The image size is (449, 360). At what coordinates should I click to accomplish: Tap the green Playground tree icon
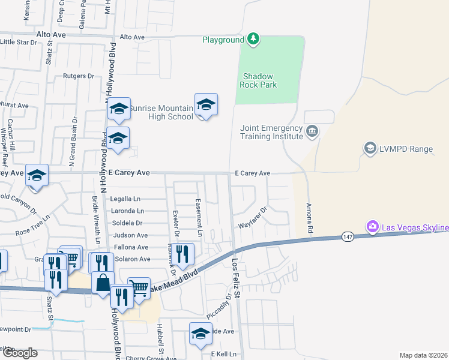point(254,40)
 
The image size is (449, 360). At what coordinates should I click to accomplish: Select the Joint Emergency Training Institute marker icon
point(312,131)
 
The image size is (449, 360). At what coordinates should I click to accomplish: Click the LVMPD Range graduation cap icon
point(370,148)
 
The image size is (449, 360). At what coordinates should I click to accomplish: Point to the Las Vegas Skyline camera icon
point(372,227)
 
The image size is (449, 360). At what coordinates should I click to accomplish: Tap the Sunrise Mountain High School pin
point(206,105)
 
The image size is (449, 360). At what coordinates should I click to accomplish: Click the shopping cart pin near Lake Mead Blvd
point(139,287)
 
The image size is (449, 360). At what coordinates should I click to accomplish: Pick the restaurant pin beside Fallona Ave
point(182,253)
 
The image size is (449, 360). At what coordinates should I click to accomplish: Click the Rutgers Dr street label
point(79,76)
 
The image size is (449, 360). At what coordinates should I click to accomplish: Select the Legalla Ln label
point(125,199)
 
